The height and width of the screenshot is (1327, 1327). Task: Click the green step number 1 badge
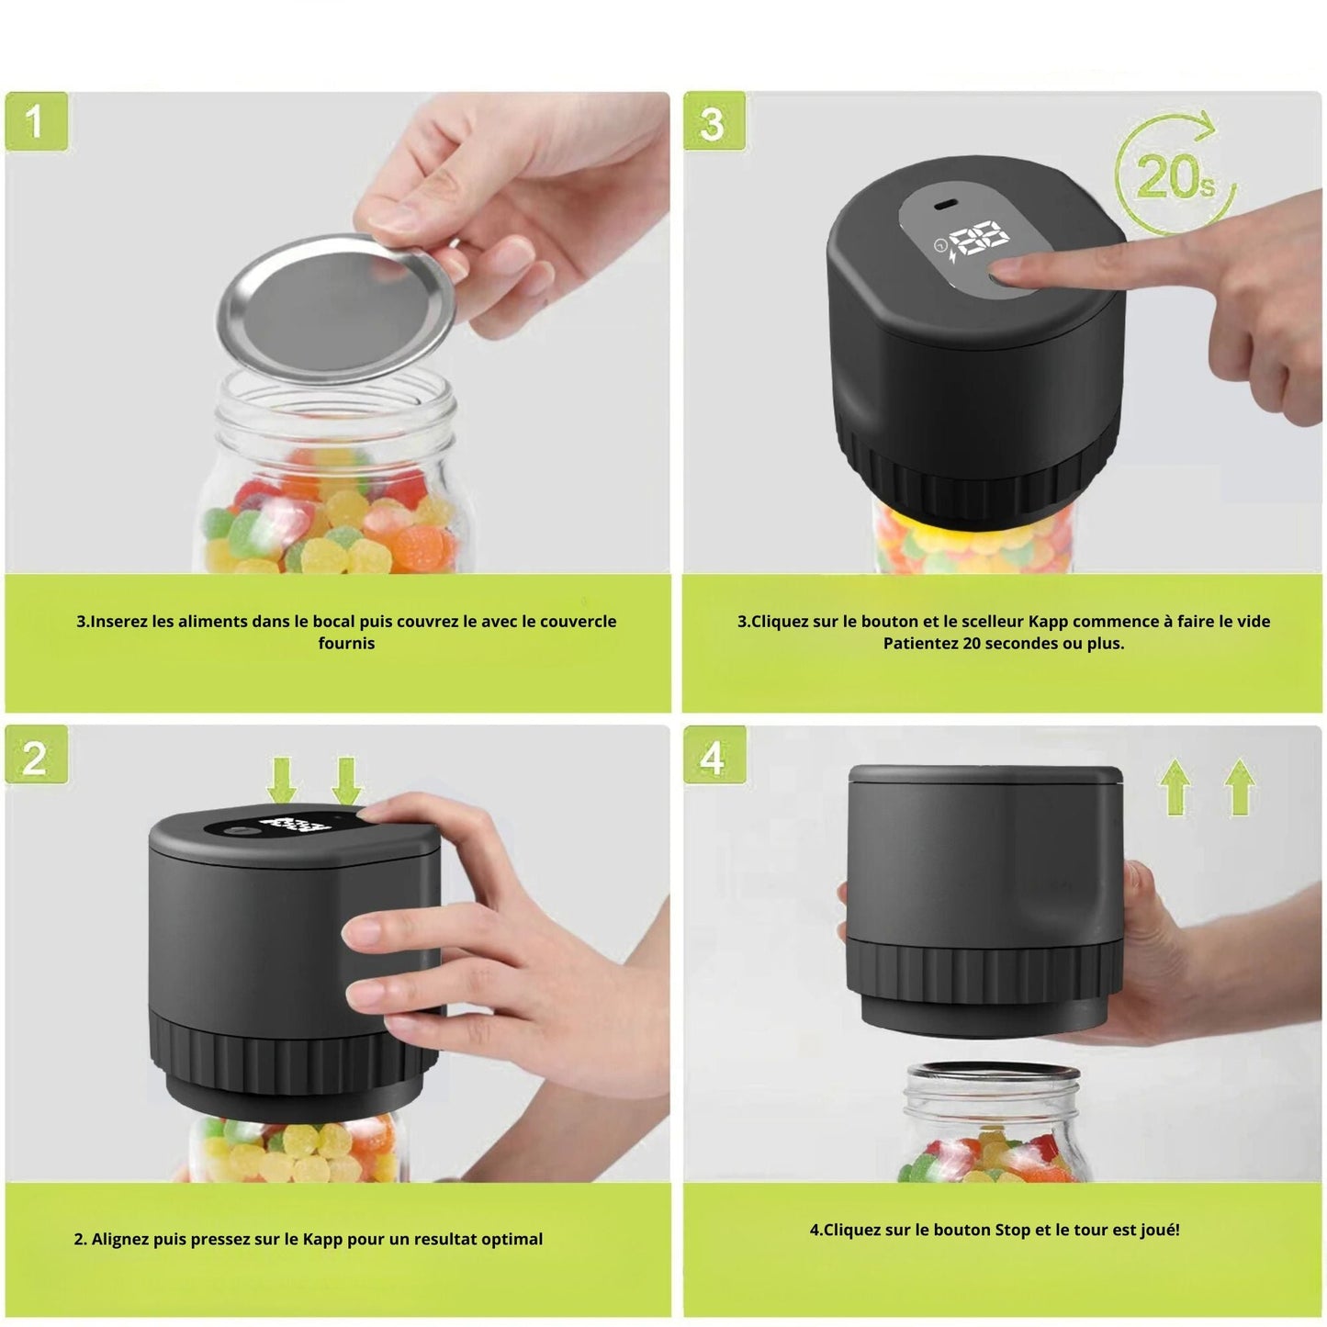(x=37, y=121)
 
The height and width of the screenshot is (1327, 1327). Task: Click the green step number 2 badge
(x=37, y=755)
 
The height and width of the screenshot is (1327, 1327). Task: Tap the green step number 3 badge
(x=714, y=121)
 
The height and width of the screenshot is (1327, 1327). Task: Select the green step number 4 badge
(x=714, y=755)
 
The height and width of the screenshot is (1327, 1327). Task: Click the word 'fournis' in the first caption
(x=345, y=643)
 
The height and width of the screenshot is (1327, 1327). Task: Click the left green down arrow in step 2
(x=282, y=781)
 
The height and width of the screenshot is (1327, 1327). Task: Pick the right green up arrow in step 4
(x=1240, y=786)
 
